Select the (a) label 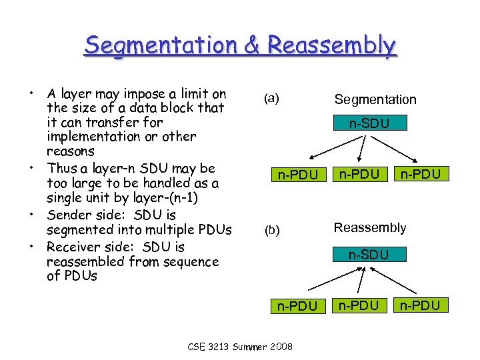point(271,98)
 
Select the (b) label point(271,230)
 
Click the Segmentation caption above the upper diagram point(375,99)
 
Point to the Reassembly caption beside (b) point(370,228)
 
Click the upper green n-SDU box point(370,123)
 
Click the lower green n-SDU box point(370,254)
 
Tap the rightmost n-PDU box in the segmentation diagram point(421,175)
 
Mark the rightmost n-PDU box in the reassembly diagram point(421,306)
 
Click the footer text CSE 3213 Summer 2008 point(239,347)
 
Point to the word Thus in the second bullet point(61,168)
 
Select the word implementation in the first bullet point(91,137)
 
